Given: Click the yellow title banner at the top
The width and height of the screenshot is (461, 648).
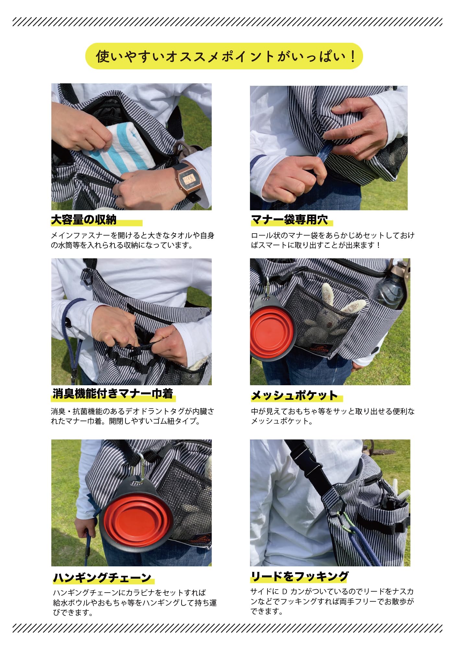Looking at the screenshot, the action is tap(224, 56).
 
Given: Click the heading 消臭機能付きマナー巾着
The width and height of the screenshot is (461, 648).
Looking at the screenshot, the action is tap(113, 394).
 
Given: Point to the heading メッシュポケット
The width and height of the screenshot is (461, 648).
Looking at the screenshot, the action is tap(295, 395).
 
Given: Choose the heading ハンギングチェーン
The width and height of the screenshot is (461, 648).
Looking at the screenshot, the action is tap(102, 578).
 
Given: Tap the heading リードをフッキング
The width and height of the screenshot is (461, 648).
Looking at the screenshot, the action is tap(300, 576).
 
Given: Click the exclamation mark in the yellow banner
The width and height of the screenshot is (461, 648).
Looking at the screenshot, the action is tap(353, 56).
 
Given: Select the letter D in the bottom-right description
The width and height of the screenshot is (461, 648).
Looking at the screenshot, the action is tap(285, 592).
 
